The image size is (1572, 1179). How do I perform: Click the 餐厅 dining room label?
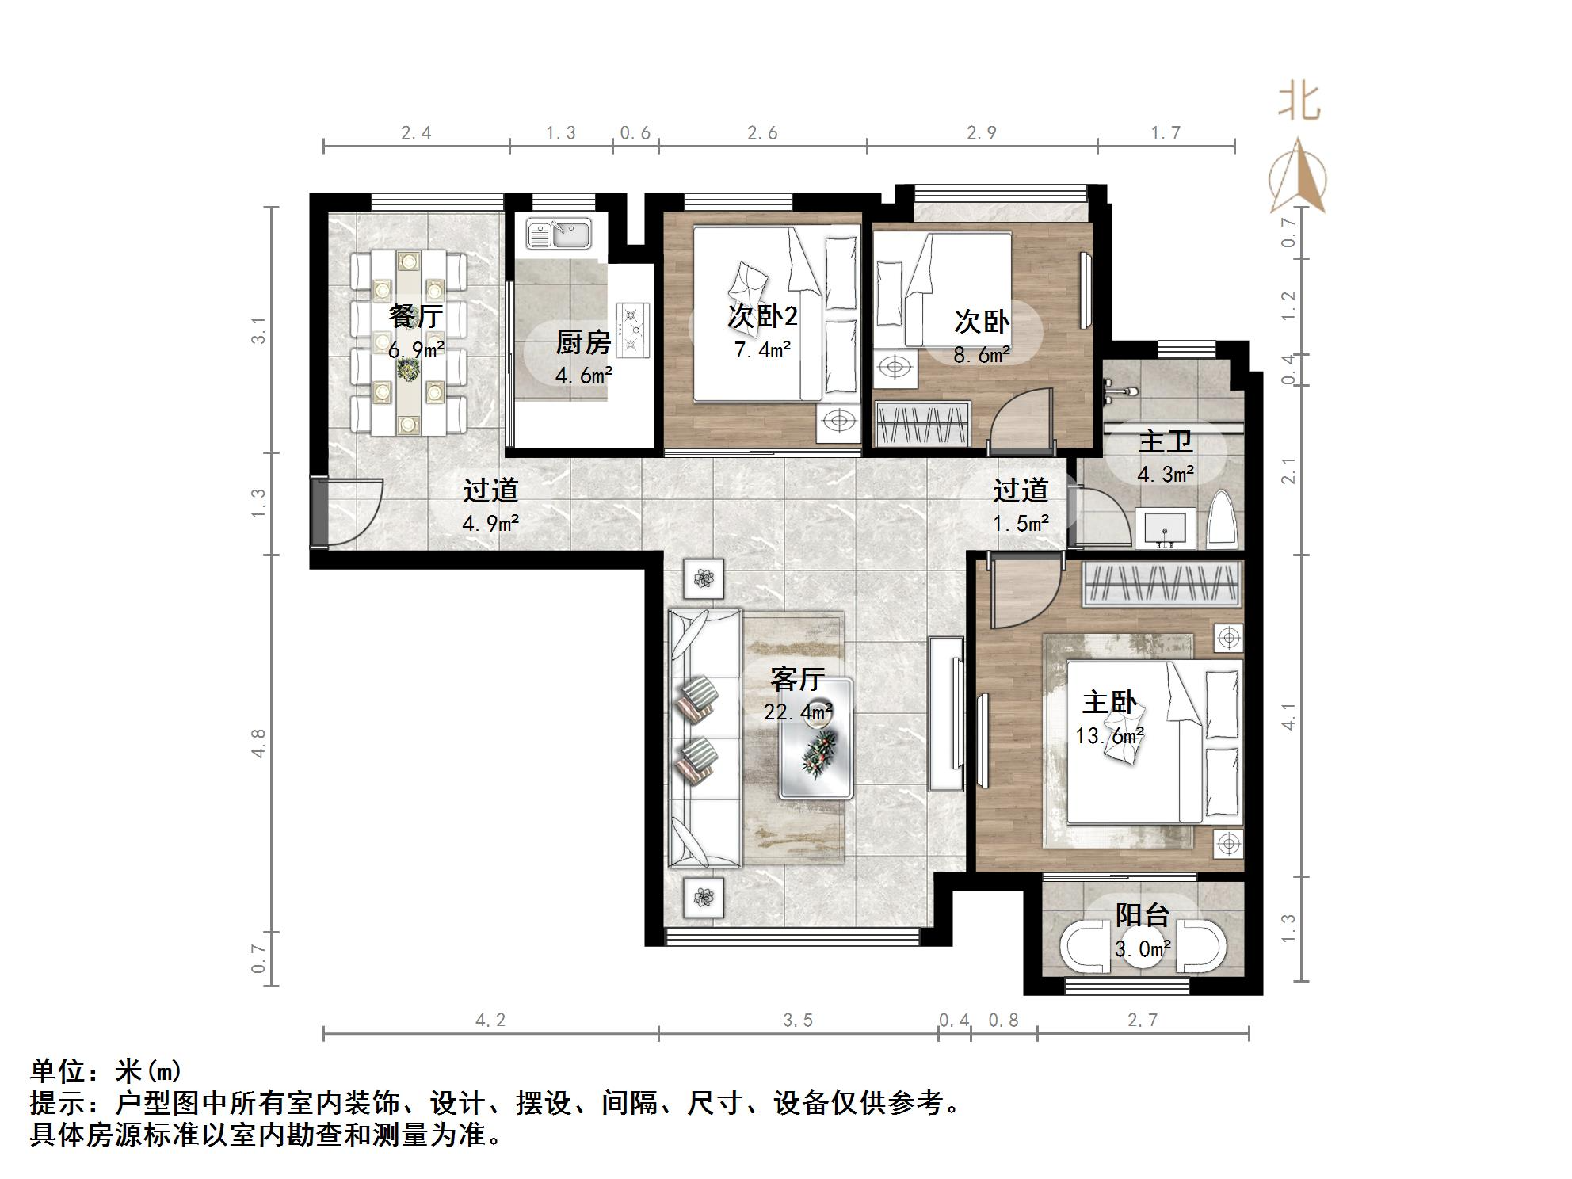[x=415, y=316]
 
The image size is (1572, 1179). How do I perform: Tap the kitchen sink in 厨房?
[x=558, y=234]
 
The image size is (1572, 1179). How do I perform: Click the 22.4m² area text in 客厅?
[x=797, y=712]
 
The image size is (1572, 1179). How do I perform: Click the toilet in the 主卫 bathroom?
[x=1223, y=521]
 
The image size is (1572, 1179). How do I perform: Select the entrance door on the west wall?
[x=319, y=512]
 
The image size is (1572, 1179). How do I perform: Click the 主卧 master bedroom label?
[x=1109, y=703]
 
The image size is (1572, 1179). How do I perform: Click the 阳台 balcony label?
[x=1143, y=915]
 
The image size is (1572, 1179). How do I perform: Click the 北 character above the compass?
[x=1299, y=102]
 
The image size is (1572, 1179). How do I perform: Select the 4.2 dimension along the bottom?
[x=490, y=1021]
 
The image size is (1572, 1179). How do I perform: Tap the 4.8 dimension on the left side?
[x=259, y=743]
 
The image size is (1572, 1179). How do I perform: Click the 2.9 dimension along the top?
[x=981, y=133]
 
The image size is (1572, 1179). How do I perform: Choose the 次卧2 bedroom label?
[x=762, y=317]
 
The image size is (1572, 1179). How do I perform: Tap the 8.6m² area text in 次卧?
[x=981, y=355]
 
